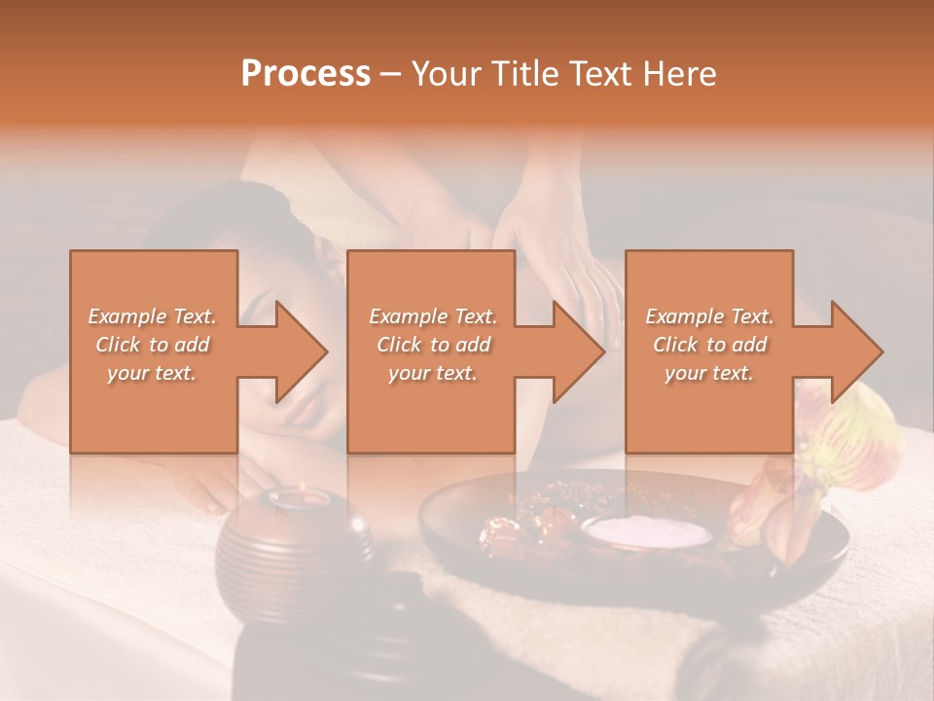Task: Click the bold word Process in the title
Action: pyautogui.click(x=305, y=74)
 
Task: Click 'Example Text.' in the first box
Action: pyautogui.click(x=152, y=316)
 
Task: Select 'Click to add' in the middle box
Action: pyautogui.click(x=433, y=345)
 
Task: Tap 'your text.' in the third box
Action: pyautogui.click(x=708, y=373)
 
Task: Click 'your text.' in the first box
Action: pyautogui.click(x=152, y=373)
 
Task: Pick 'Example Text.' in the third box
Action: pyautogui.click(x=708, y=316)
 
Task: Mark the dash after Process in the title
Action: pyautogui.click(x=391, y=74)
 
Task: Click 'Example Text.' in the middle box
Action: pyautogui.click(x=433, y=316)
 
